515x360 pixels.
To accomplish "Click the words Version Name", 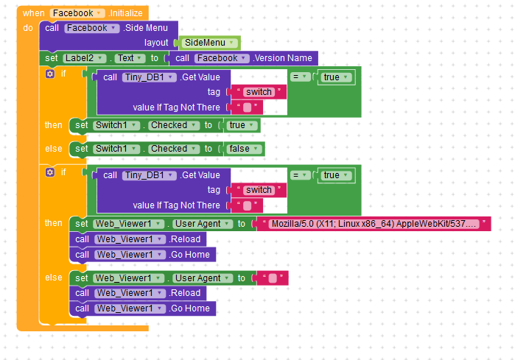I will click(283, 57).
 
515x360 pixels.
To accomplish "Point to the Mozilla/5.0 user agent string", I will click(374, 223).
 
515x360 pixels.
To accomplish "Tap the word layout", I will click(156, 43).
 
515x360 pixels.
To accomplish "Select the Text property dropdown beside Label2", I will click(129, 57).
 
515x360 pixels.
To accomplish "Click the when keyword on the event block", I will click(33, 13).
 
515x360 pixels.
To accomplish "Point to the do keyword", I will click(28, 27).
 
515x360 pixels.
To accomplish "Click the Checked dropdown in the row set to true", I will click(173, 125).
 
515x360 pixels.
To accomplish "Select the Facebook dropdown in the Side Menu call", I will click(91, 28).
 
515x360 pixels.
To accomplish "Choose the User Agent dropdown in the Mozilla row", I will click(202, 223).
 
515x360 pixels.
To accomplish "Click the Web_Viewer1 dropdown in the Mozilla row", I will click(127, 223).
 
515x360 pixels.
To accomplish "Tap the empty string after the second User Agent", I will click(272, 278).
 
